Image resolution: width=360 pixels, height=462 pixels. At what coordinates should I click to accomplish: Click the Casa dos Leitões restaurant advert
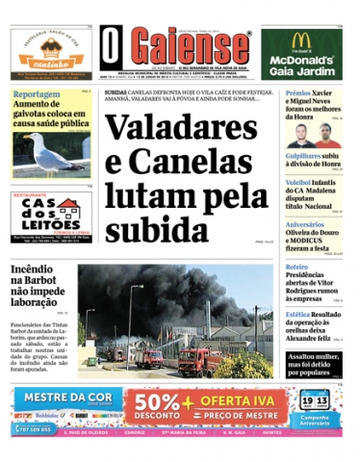[50, 213]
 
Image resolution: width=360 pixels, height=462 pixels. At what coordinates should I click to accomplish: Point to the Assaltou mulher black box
[314, 361]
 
